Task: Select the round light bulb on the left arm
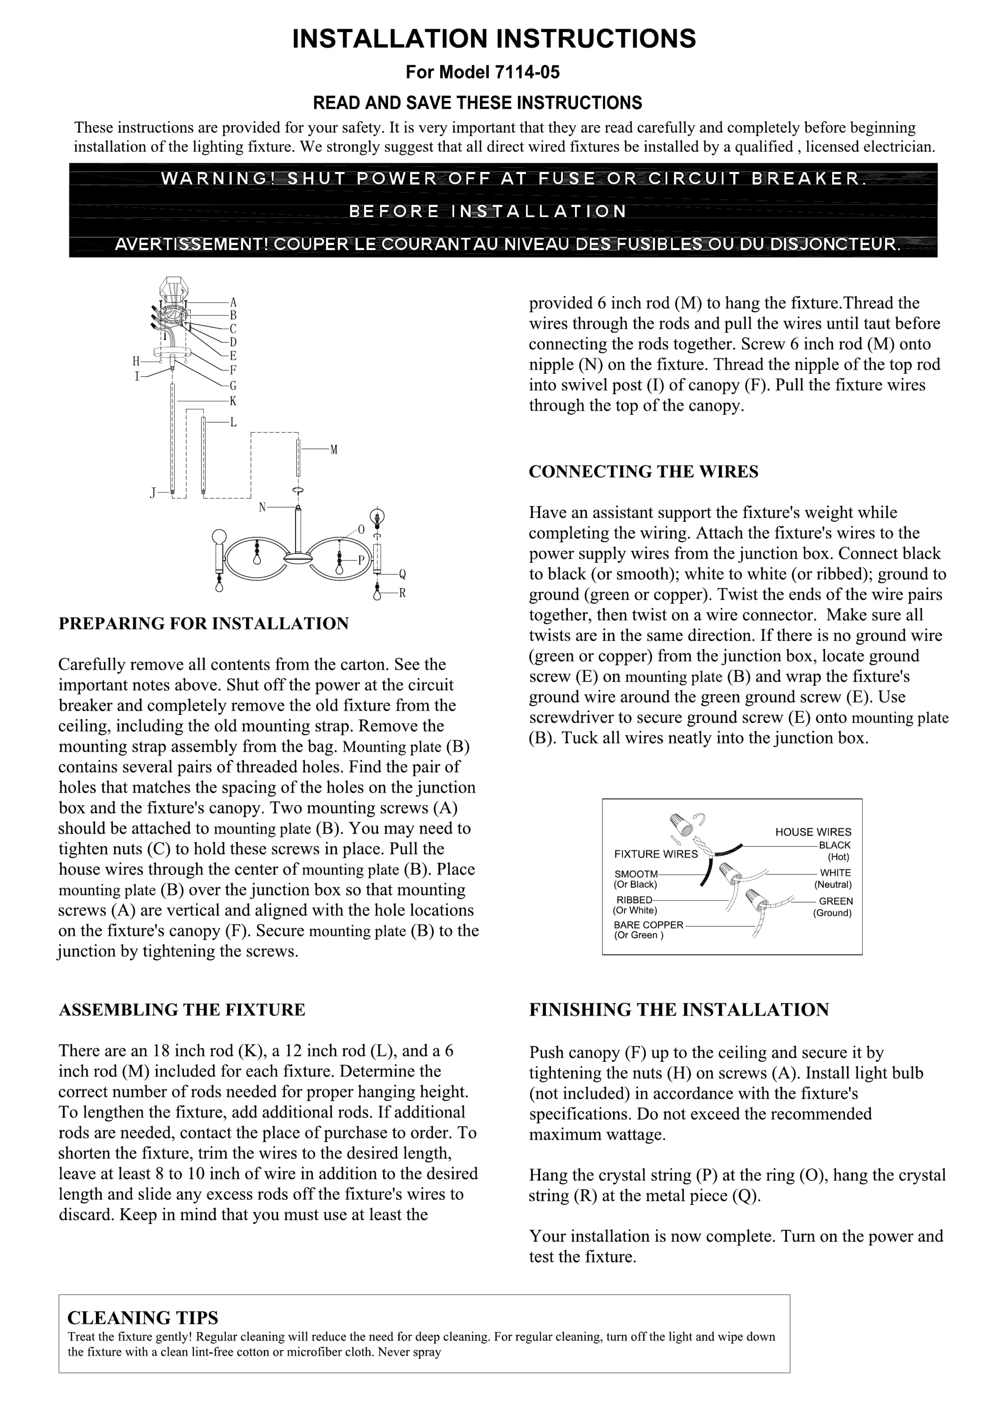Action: click(x=219, y=537)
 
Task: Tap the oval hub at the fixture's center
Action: click(x=298, y=559)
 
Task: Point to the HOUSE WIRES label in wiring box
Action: click(x=813, y=832)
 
